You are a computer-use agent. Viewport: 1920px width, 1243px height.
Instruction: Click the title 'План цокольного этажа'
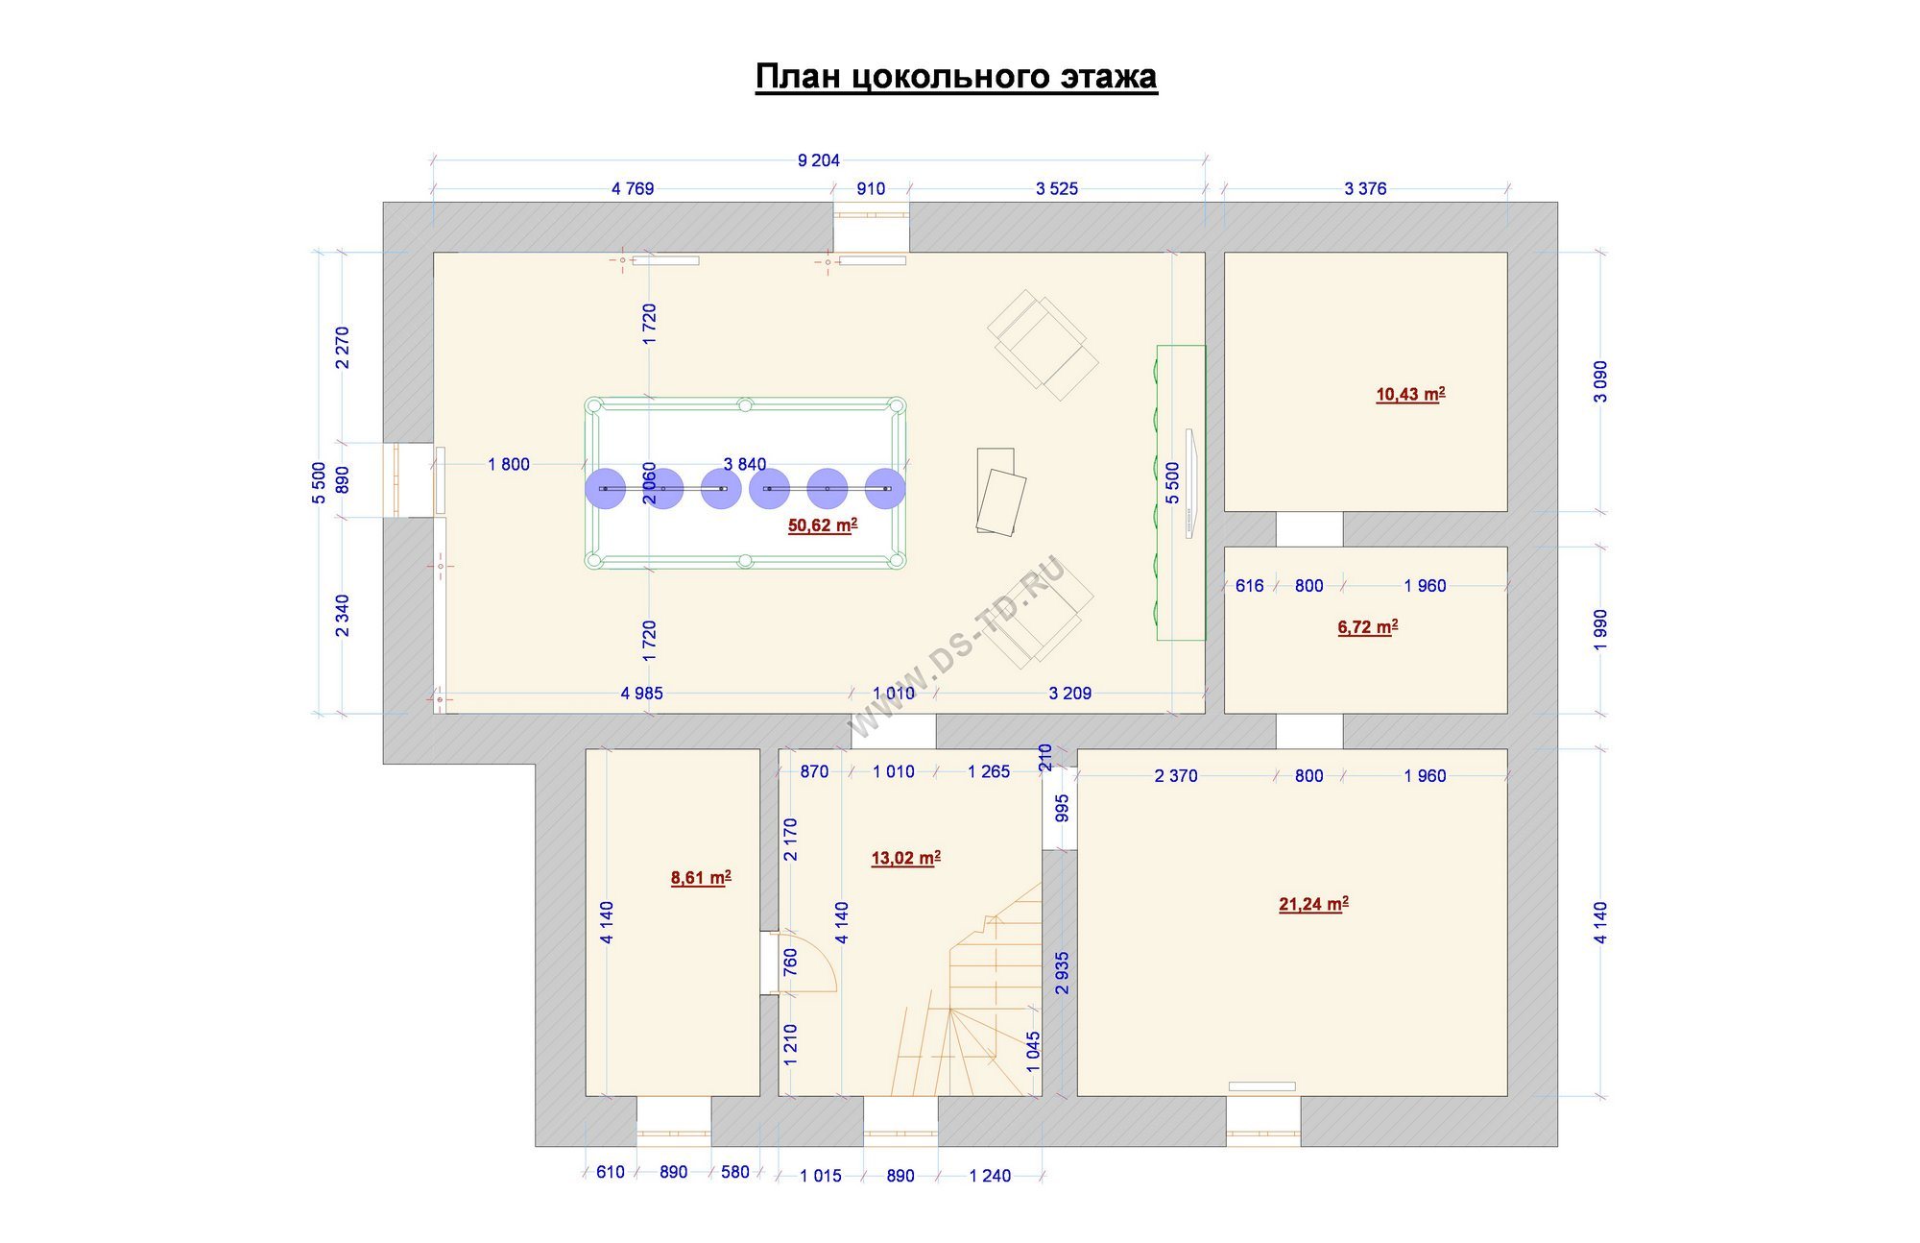click(956, 77)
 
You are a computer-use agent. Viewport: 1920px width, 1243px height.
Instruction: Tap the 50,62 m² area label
click(823, 525)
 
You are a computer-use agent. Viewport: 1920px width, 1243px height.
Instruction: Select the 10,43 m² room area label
click(1410, 394)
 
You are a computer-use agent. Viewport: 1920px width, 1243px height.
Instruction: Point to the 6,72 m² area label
click(1368, 627)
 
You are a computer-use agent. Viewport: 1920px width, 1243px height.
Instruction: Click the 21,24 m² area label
click(1313, 904)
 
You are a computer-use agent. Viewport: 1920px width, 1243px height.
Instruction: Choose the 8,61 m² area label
click(701, 877)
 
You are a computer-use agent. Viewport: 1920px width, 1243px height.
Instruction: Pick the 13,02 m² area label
click(905, 858)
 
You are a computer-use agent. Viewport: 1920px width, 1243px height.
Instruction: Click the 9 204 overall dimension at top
click(819, 160)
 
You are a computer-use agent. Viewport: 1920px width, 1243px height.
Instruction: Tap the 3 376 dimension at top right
click(1365, 189)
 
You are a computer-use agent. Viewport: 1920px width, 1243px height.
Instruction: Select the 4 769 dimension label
click(633, 189)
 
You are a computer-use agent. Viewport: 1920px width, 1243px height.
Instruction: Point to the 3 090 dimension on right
click(1599, 381)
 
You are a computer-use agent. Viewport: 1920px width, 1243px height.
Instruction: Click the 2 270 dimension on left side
click(343, 348)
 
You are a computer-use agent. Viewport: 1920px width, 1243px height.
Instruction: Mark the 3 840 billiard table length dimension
click(745, 465)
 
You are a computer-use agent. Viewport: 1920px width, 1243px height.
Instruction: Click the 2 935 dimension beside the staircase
click(1062, 973)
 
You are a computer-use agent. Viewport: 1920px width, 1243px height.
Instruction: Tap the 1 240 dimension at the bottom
click(990, 1176)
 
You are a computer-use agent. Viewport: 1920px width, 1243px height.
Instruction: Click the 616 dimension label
click(1249, 586)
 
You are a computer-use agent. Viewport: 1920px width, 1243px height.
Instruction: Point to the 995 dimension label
click(1062, 809)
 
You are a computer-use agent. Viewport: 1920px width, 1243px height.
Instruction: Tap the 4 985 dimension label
click(642, 694)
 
